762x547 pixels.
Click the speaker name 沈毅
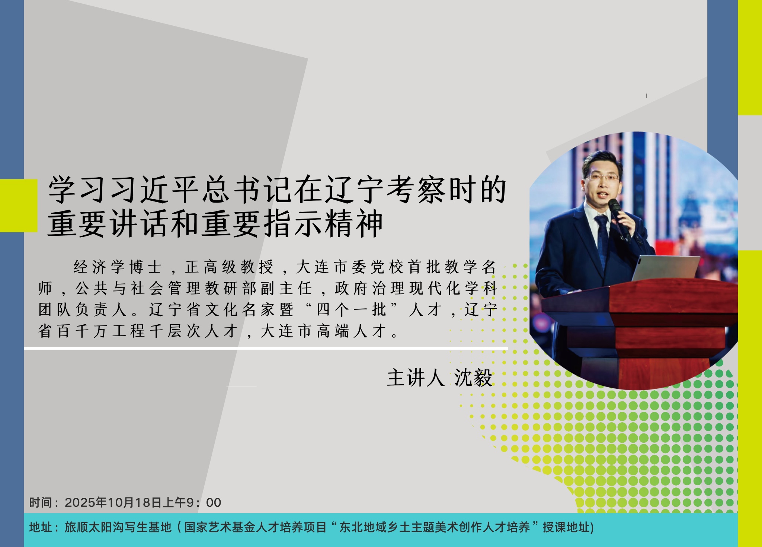473,378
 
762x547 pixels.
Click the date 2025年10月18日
113,502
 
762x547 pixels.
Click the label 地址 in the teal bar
41,527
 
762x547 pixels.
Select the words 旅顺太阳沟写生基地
118,527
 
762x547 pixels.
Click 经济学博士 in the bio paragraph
118,267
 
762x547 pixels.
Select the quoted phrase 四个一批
352,309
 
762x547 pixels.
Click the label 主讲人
416,378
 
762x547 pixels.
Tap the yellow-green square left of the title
19,206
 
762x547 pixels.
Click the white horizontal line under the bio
266,349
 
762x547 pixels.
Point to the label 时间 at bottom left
41,502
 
